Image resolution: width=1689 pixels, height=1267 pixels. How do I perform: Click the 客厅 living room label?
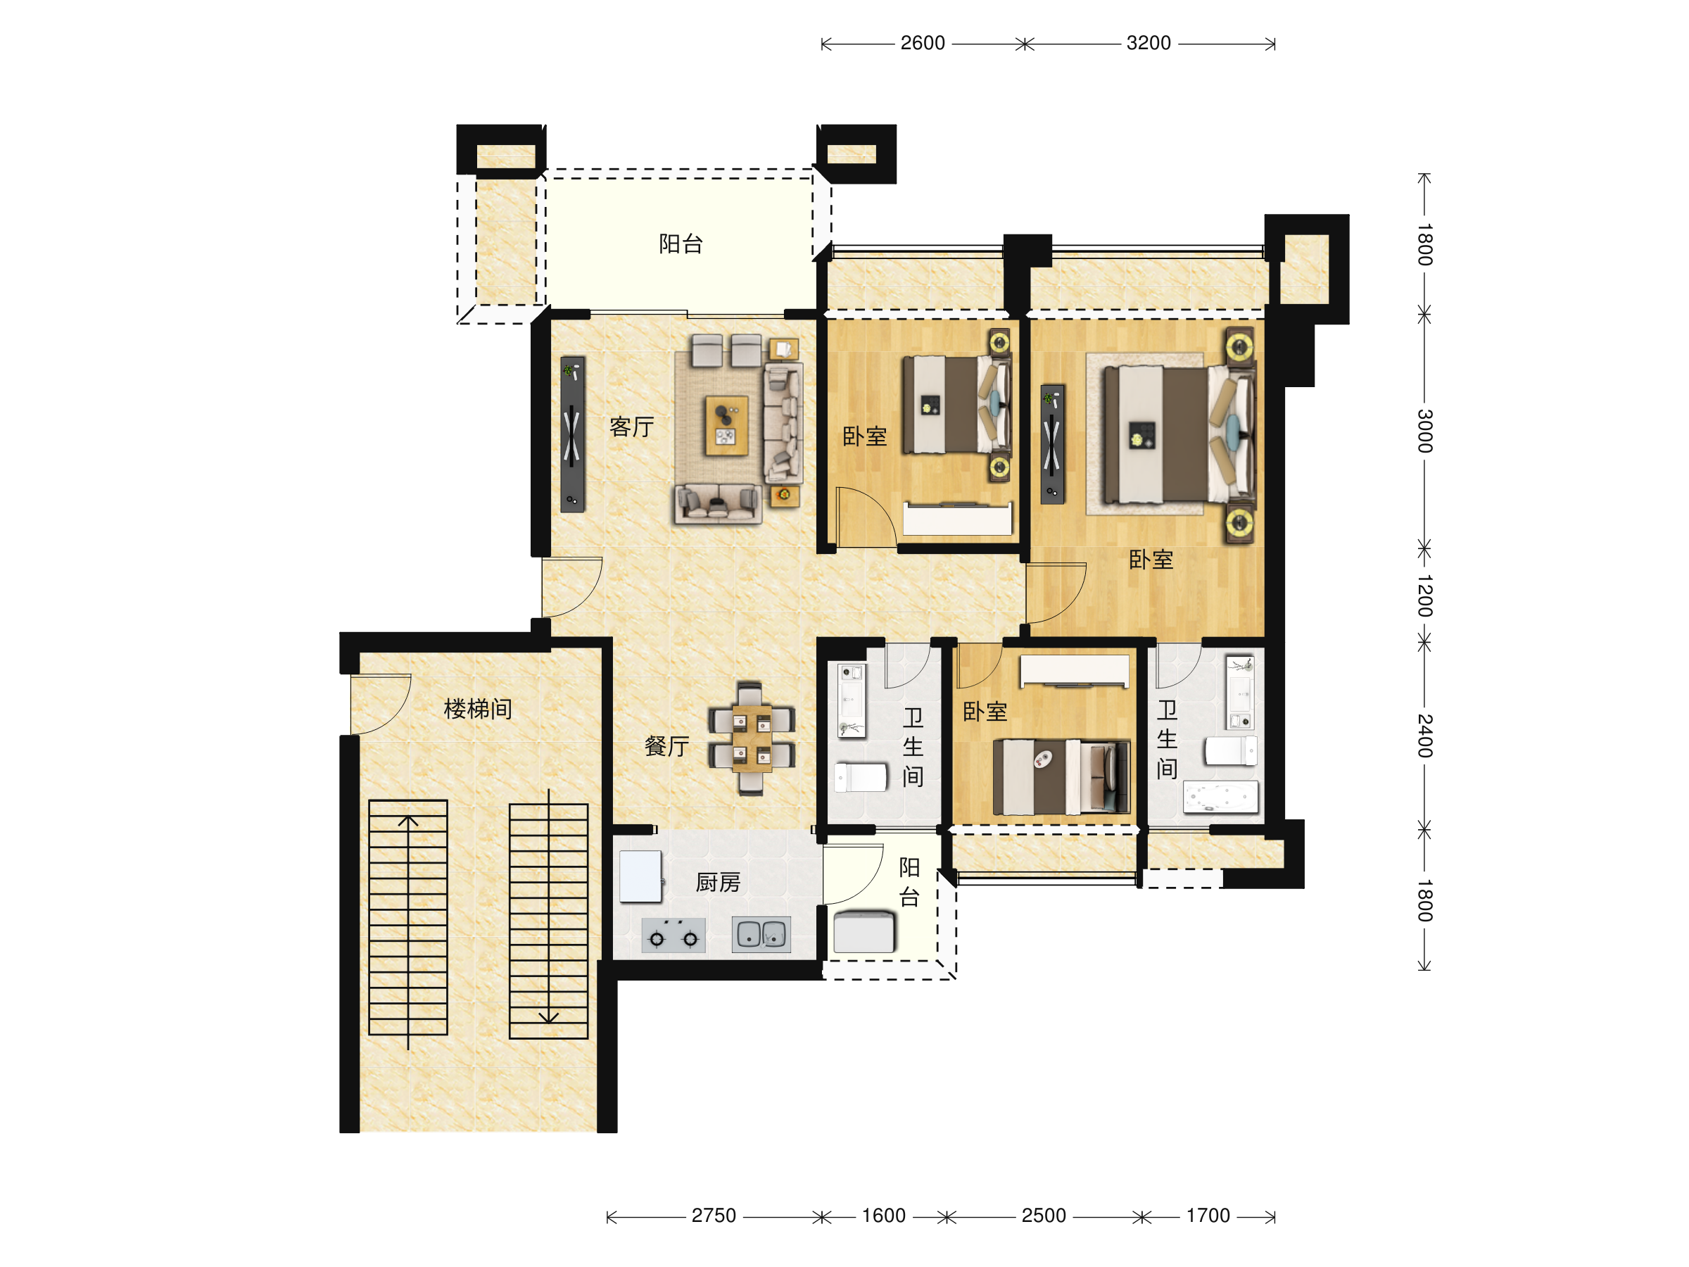coord(631,427)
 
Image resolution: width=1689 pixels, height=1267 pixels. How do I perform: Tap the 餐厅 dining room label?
coord(666,746)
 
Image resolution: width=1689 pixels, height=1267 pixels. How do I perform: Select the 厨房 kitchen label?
coord(718,883)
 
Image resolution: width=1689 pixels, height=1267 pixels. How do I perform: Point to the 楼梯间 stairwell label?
coord(478,709)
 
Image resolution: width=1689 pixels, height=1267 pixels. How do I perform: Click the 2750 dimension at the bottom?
coord(713,1216)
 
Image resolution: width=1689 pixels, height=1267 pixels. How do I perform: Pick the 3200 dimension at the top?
coord(1149,43)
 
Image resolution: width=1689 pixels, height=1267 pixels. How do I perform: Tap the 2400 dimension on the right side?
coord(1425,736)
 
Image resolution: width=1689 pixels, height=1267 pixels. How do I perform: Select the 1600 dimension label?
coord(883,1216)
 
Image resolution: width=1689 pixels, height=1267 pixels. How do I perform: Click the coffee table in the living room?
coord(726,425)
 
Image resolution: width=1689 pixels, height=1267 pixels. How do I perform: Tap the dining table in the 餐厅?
coord(752,738)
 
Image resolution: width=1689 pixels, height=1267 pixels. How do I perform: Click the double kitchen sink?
coord(761,934)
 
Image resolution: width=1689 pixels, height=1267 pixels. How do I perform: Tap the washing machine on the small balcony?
coord(864,932)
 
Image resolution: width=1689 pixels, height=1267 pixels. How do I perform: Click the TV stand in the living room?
coord(573,434)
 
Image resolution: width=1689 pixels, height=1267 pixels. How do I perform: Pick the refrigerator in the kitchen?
coord(640,877)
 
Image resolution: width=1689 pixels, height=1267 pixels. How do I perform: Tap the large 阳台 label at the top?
coord(681,244)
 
